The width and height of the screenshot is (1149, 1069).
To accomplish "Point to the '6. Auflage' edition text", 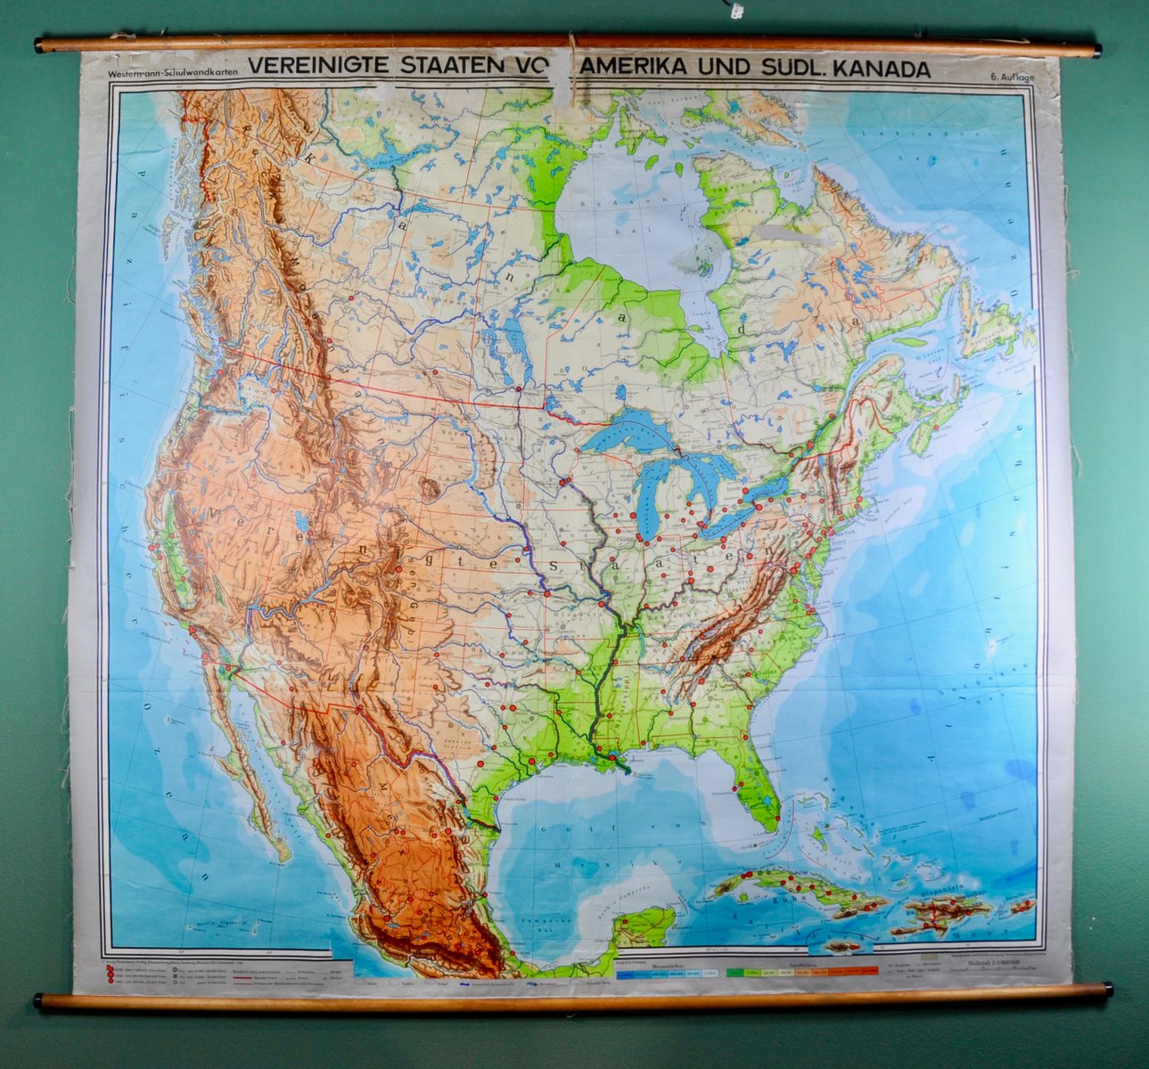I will click(x=1013, y=77).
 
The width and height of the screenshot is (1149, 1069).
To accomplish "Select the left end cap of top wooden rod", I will click(x=40, y=45).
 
